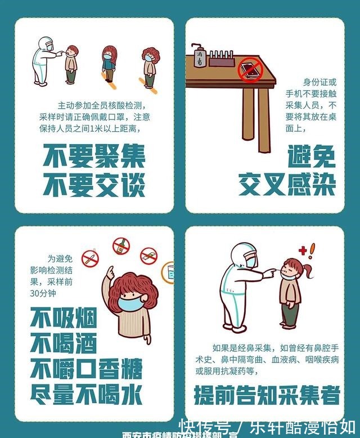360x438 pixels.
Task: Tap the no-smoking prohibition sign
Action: pos(90,258)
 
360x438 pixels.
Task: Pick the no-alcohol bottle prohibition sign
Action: pos(121,246)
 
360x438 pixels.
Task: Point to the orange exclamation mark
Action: pos(312,251)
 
